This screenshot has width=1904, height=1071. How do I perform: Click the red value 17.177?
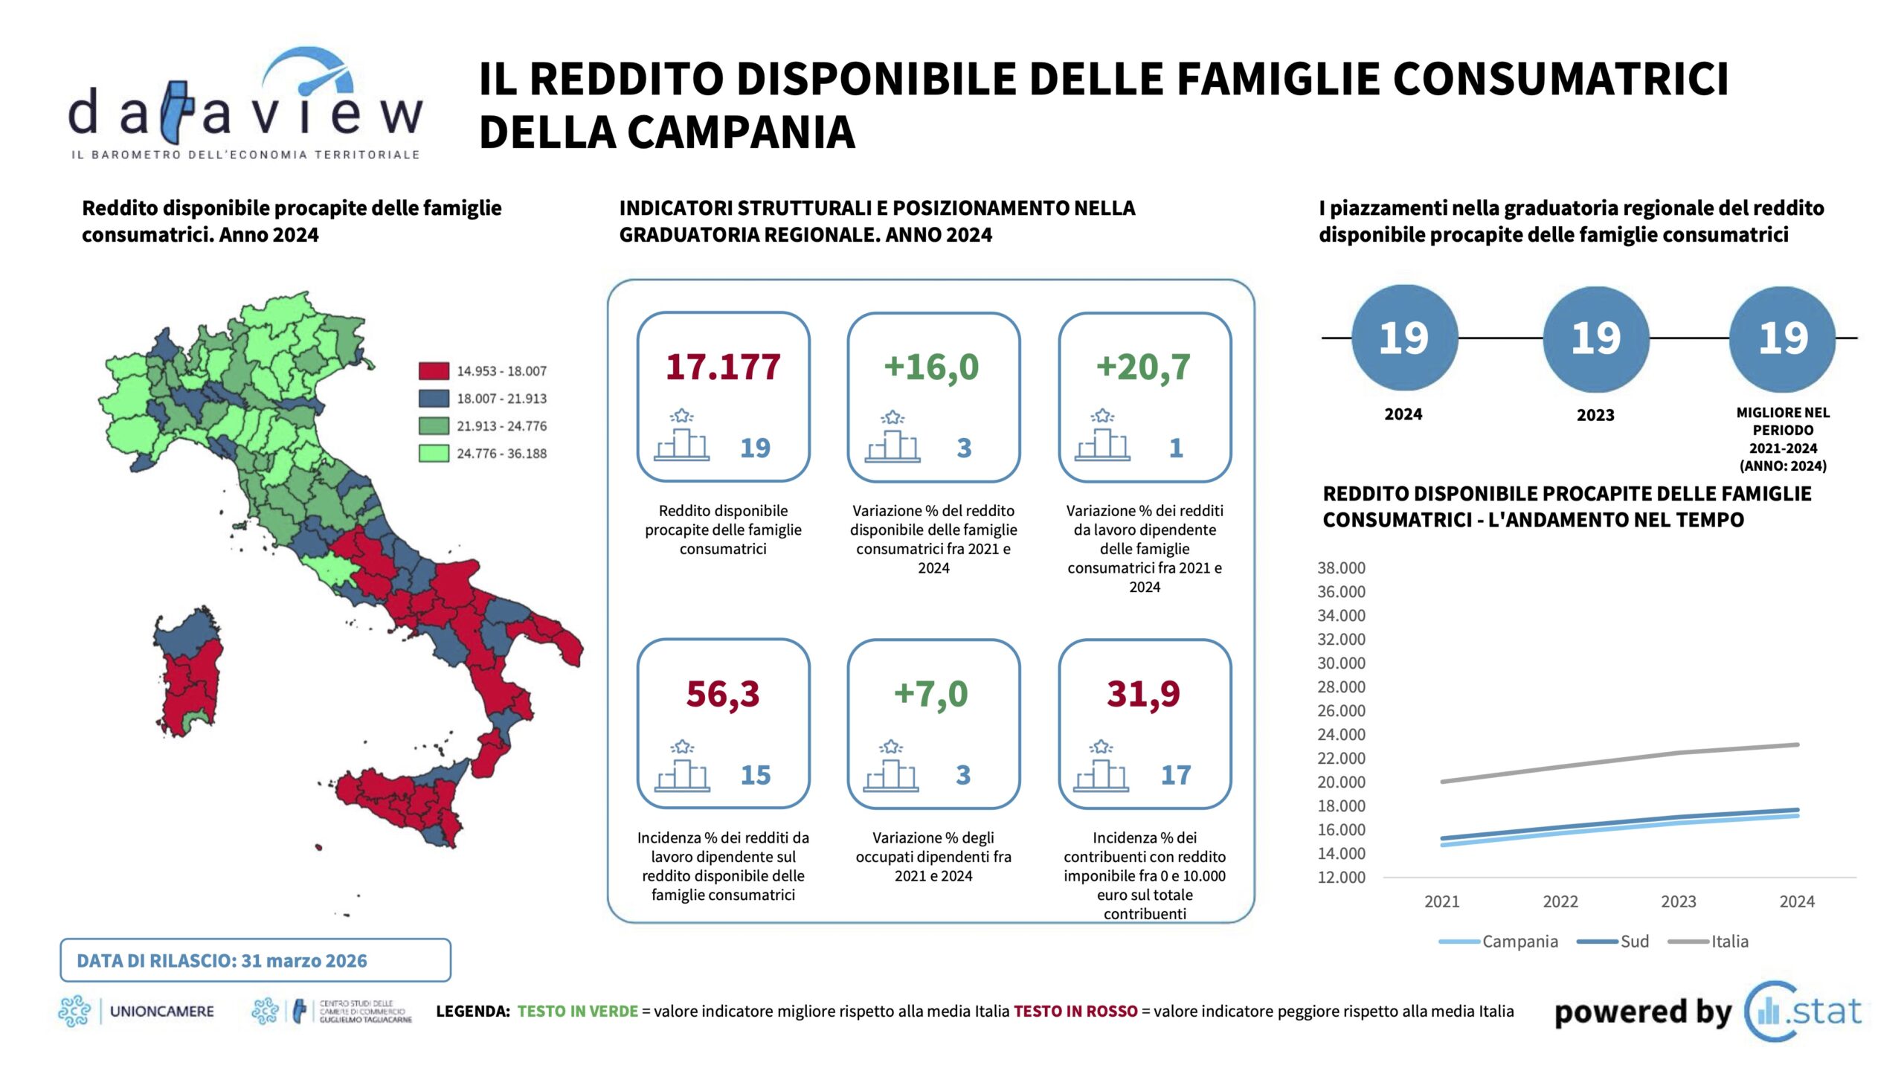(722, 367)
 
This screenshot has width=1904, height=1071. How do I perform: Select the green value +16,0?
(931, 367)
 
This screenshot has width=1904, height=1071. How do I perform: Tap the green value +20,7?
(1143, 367)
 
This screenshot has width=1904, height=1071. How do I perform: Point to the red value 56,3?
(722, 694)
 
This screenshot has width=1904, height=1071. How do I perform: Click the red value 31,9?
(1143, 694)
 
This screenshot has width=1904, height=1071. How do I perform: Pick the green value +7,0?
(931, 694)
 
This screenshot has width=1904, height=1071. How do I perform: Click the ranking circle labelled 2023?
(1595, 338)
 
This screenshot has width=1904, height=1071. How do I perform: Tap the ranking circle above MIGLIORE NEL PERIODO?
(1782, 338)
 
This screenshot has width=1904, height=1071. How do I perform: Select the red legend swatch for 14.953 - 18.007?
(434, 370)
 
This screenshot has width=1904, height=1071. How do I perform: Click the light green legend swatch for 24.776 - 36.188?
(434, 453)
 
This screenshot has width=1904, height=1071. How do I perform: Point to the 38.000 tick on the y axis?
(1341, 568)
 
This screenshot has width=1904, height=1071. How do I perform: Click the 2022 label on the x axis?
(1560, 901)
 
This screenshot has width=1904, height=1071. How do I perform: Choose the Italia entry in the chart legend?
(1729, 942)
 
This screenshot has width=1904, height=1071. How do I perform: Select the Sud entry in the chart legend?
(1634, 942)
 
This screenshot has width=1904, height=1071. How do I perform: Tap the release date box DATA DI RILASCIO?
(255, 960)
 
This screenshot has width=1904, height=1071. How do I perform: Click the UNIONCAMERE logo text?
(161, 1011)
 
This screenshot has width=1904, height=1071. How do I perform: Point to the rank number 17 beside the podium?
(1175, 775)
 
